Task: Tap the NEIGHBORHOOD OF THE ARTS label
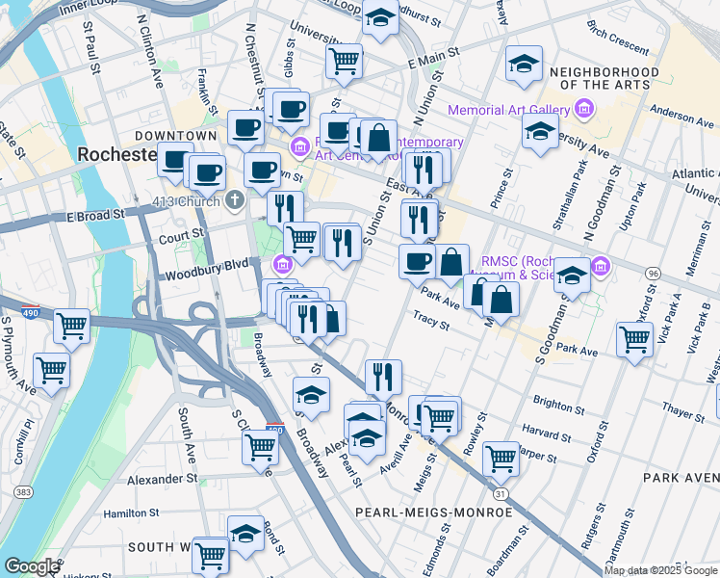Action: [604, 79]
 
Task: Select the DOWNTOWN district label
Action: [176, 136]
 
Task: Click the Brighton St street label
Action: [552, 406]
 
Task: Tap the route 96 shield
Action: [654, 275]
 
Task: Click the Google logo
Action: [32, 566]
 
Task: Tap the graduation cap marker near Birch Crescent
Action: [524, 65]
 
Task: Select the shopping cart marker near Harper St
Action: [501, 458]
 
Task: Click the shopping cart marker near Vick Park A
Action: [635, 338]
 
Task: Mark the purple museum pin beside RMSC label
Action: [602, 264]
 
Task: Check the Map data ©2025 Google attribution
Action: [661, 570]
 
